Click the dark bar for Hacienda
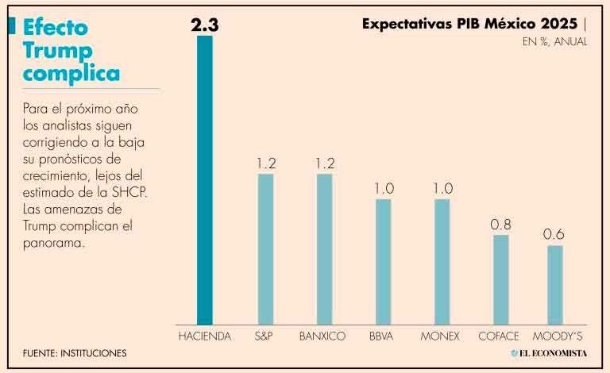tap(205, 180)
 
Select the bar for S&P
tap(266, 249)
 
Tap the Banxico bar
tap(324, 249)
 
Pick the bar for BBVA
tap(383, 262)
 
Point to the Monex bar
tap(442, 262)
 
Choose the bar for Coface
tap(501, 279)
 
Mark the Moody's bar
tap(555, 285)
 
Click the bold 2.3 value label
tap(205, 25)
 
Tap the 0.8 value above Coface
tap(500, 225)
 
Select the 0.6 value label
tap(554, 234)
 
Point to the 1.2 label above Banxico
tap(325, 163)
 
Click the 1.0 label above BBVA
tap(384, 189)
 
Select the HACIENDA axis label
tap(205, 336)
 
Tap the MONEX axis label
tap(440, 336)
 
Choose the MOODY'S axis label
tap(557, 336)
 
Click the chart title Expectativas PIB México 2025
tap(469, 24)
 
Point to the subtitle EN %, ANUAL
tap(554, 41)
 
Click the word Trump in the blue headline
tap(57, 52)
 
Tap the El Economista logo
tap(549, 353)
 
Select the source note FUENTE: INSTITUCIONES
tap(75, 353)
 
